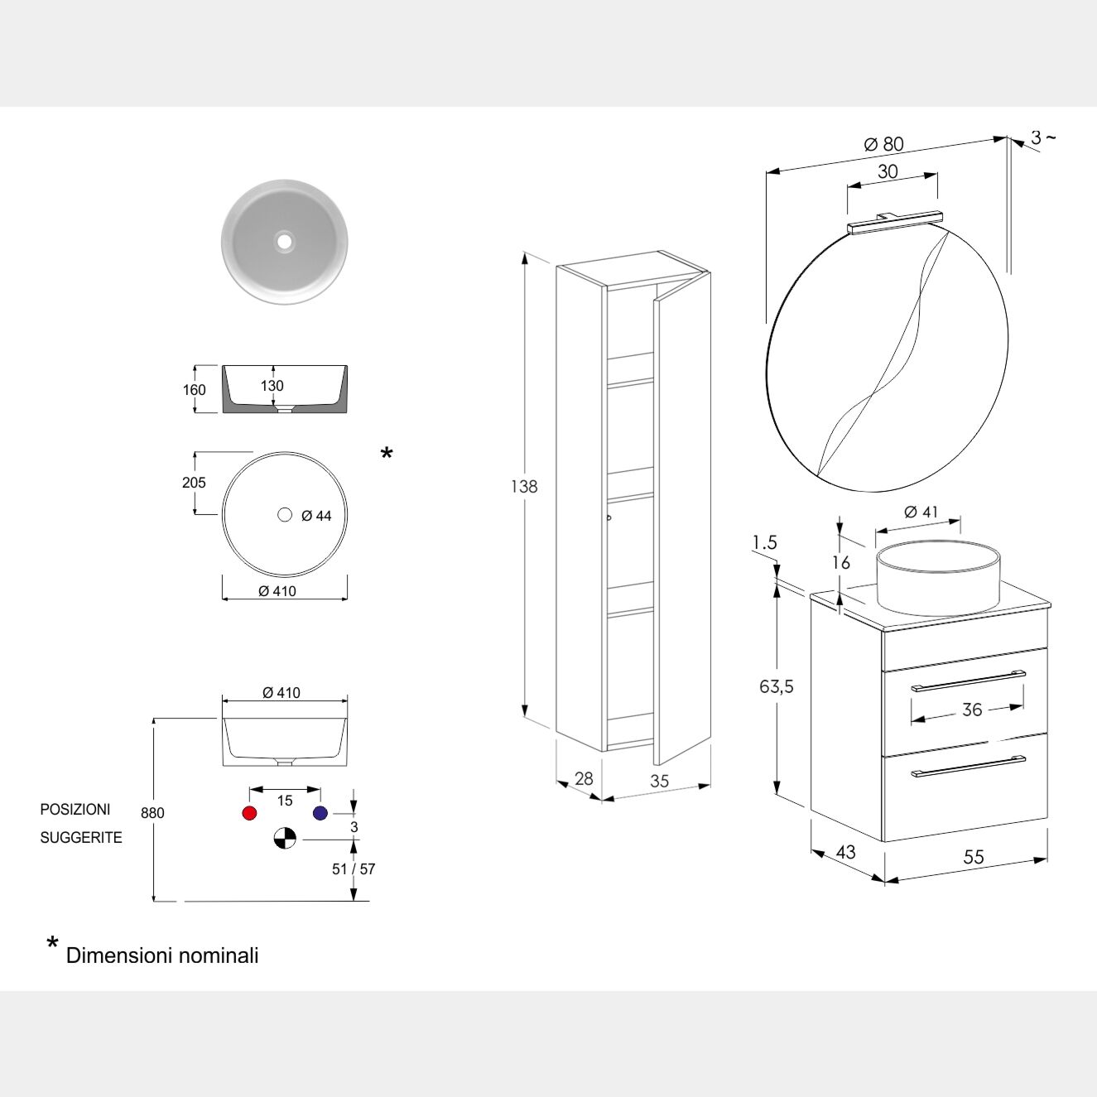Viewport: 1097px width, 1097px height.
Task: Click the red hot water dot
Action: [249, 813]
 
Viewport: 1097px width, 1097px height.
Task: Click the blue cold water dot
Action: [320, 813]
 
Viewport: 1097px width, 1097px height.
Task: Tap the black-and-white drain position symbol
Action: [285, 838]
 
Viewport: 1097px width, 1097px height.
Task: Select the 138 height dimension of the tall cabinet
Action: [524, 487]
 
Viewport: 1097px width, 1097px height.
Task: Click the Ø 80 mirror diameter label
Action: [884, 145]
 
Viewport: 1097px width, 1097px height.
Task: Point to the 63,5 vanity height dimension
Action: [777, 686]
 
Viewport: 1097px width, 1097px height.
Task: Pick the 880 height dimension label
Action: [152, 813]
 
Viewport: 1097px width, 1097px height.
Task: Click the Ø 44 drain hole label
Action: [316, 517]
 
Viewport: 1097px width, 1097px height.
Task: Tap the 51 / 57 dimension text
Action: [354, 869]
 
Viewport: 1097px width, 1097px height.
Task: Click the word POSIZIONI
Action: [75, 809]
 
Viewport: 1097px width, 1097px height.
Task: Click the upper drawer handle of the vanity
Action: [968, 681]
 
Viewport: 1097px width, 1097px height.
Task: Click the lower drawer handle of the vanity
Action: [968, 767]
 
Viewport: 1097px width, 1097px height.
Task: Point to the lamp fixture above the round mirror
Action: [895, 222]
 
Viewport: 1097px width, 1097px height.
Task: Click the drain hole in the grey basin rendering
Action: [285, 242]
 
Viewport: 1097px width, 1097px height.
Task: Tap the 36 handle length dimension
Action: [972, 710]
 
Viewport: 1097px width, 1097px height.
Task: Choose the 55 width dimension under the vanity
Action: [974, 857]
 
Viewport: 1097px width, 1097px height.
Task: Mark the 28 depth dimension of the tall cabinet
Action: [584, 778]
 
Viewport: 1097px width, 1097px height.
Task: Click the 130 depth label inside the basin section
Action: [272, 386]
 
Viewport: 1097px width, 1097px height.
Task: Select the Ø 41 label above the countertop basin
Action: [921, 512]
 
